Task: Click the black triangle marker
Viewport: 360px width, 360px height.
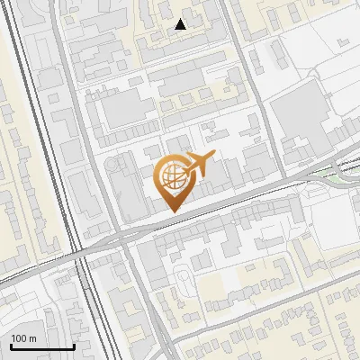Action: pyautogui.click(x=181, y=24)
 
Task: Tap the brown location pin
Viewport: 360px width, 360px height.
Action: pyautogui.click(x=171, y=183)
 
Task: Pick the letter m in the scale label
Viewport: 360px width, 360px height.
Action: pyautogui.click(x=34, y=338)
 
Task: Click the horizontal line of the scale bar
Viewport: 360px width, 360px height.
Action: pyautogui.click(x=41, y=346)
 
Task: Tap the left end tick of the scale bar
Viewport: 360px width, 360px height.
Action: pyautogui.click(x=10, y=345)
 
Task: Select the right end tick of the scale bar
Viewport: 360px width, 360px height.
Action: pyautogui.click(x=73, y=345)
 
